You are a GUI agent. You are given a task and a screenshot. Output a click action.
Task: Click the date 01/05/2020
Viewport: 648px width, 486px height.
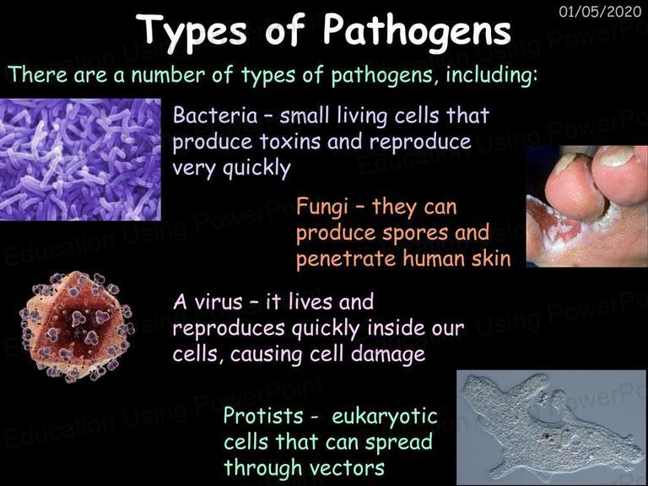(x=600, y=11)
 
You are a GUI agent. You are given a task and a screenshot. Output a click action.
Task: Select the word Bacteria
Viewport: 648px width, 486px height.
(x=215, y=115)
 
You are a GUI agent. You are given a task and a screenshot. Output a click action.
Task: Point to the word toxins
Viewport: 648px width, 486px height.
(x=290, y=142)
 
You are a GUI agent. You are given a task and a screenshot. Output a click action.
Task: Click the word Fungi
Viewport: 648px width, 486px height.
(x=322, y=207)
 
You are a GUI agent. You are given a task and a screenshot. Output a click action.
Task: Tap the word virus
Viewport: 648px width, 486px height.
(x=218, y=302)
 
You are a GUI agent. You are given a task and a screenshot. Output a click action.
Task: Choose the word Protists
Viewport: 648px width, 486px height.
(x=263, y=415)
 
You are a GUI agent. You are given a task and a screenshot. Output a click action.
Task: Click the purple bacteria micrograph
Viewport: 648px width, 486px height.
(x=80, y=159)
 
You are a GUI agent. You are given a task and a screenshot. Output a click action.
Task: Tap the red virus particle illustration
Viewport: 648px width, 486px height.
(x=77, y=326)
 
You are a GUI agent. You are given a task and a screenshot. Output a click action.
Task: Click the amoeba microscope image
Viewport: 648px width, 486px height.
(x=552, y=428)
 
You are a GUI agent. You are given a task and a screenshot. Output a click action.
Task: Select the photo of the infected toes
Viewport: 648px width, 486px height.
(x=587, y=206)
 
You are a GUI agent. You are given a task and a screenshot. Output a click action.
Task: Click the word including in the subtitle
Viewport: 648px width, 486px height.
(x=492, y=76)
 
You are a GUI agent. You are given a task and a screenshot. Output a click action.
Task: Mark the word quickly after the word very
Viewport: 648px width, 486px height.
(x=256, y=169)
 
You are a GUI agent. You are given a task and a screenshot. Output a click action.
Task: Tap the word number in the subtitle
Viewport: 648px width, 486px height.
(x=169, y=75)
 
